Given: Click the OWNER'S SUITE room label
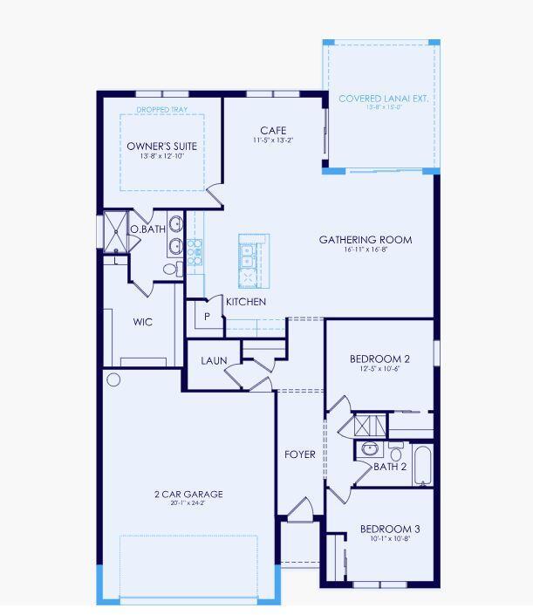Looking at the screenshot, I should [162, 146].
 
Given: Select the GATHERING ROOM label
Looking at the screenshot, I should [365, 240].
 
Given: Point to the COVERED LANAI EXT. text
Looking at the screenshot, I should [383, 99].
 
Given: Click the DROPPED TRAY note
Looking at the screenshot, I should [162, 111].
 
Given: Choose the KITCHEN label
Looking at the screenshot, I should [246, 302].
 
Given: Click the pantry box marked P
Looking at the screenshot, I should [207, 317].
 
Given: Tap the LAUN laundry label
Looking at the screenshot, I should [215, 360].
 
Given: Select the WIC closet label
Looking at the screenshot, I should [143, 322].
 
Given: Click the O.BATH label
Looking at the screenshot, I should [147, 229].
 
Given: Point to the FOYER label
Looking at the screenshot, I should [300, 454].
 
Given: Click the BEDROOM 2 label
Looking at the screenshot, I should [379, 359].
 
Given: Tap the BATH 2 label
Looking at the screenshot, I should [390, 467].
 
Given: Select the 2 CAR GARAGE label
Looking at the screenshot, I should [188, 494].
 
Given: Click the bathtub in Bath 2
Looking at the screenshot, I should [421, 467].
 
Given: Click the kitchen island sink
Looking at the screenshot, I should [248, 255].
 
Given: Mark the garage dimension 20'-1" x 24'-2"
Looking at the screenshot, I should [188, 504].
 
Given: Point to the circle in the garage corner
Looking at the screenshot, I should [113, 379].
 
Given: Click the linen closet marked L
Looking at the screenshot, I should [116, 260].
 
